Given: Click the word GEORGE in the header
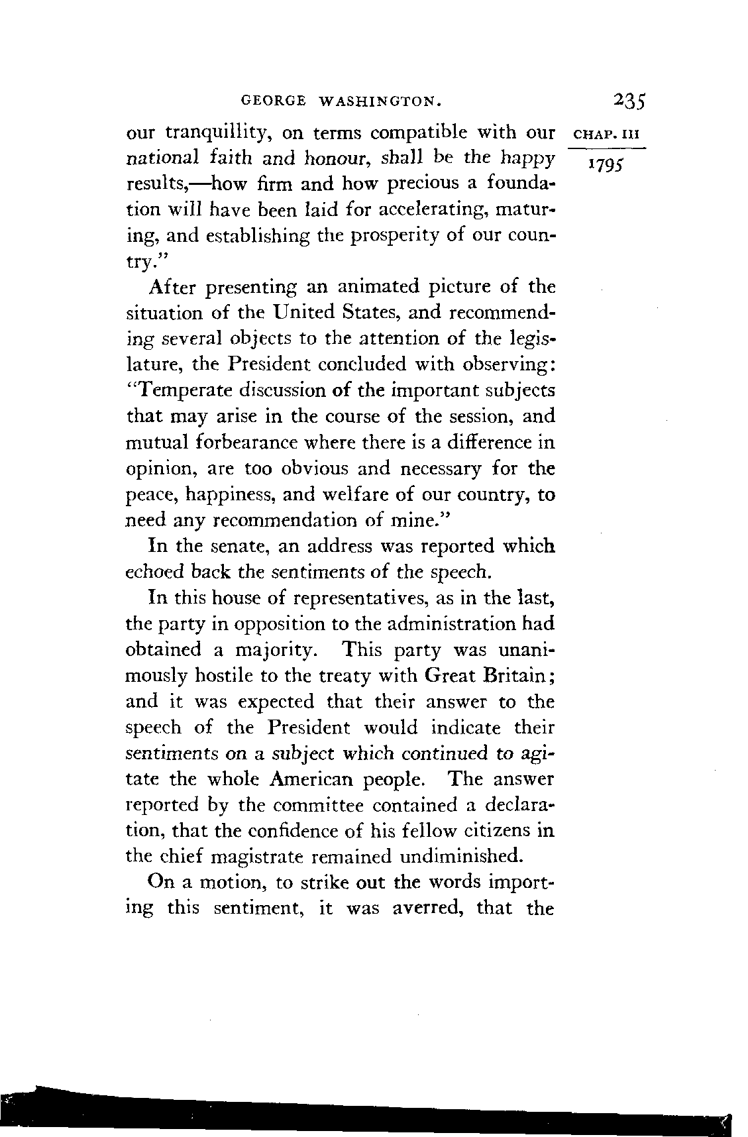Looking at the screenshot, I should point(274,101).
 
